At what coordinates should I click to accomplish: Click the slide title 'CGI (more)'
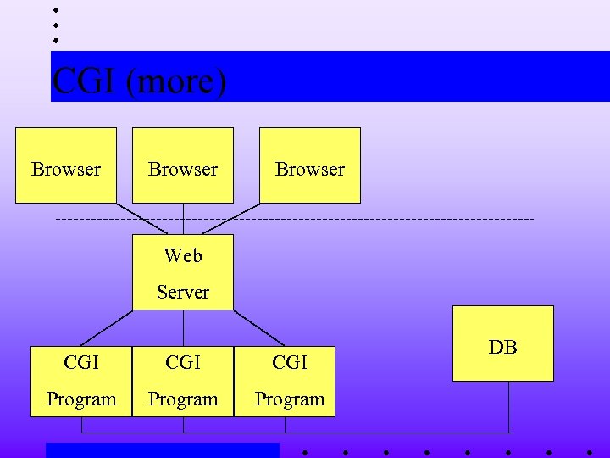pyautogui.click(x=140, y=82)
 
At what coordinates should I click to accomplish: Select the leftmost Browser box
pyautogui.click(x=66, y=165)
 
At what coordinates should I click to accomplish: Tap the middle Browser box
pyautogui.click(x=183, y=165)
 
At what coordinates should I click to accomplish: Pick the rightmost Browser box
pyautogui.click(x=310, y=165)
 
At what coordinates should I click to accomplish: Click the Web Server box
pyautogui.click(x=183, y=272)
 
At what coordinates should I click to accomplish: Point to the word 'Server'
pyautogui.click(x=183, y=293)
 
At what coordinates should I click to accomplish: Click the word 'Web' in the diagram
pyautogui.click(x=183, y=255)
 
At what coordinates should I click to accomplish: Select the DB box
pyautogui.click(x=503, y=343)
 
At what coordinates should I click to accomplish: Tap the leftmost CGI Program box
pyautogui.click(x=81, y=381)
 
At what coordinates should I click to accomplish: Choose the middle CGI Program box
pyautogui.click(x=183, y=381)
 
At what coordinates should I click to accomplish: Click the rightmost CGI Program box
pyautogui.click(x=286, y=381)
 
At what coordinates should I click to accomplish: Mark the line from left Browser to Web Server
pyautogui.click(x=141, y=219)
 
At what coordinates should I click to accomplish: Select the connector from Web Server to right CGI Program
pyautogui.click(x=258, y=328)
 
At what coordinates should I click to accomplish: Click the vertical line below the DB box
pyautogui.click(x=509, y=407)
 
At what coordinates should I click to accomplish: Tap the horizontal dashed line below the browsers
pyautogui.click(x=381, y=220)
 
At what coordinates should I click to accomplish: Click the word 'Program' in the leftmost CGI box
pyautogui.click(x=81, y=399)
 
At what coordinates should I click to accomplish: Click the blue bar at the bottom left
pyautogui.click(x=162, y=450)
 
